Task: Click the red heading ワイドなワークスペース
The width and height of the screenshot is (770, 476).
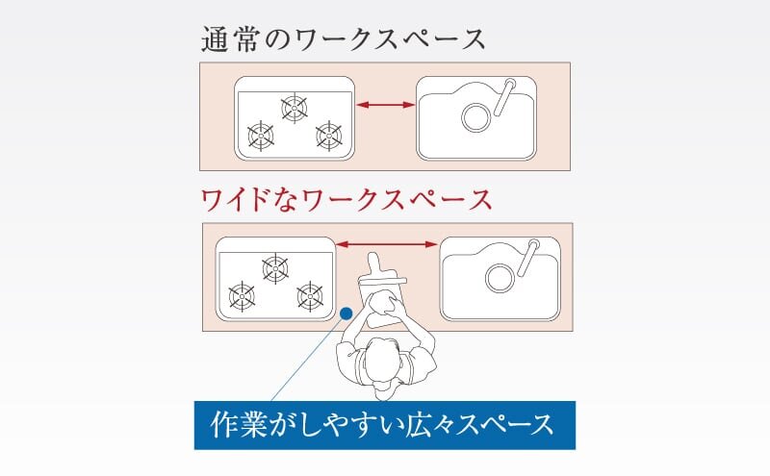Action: coord(346,199)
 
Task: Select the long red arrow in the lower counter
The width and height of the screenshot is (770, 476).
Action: coord(386,245)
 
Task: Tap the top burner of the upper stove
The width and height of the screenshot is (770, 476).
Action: coord(295,107)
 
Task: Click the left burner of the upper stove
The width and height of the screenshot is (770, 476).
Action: coord(260,136)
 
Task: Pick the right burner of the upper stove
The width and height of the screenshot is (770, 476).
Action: coord(329,136)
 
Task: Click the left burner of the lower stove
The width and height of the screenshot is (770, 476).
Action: coord(241,294)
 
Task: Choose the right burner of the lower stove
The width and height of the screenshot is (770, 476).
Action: coord(310,294)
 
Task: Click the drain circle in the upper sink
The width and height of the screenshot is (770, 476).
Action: coord(475,118)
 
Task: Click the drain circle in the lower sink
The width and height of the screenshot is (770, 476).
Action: coord(499,278)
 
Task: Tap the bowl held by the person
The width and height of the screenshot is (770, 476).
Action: coord(384,307)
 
